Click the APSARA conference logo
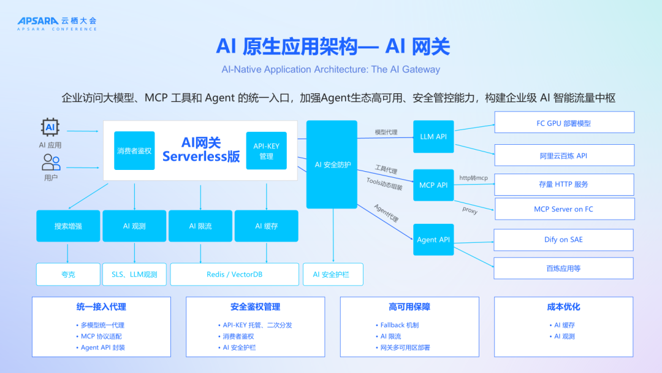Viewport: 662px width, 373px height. (56, 23)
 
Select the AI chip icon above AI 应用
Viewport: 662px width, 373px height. (50, 128)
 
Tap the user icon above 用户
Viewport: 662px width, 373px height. (51, 162)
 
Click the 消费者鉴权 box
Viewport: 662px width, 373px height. (134, 150)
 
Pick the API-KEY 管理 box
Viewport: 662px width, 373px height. (266, 151)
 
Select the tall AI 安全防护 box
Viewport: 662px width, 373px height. (332, 164)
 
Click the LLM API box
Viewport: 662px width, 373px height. (433, 136)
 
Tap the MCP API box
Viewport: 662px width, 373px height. (433, 185)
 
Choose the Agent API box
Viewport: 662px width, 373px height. (433, 239)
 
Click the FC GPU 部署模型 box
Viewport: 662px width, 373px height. (564, 123)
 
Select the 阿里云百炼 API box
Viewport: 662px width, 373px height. (564, 156)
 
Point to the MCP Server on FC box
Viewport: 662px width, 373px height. (564, 209)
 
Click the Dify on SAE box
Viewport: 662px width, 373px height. (564, 239)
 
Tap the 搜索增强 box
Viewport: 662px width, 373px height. (68, 226)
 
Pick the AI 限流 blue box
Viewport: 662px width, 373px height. (200, 226)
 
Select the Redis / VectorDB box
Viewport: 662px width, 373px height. (234, 274)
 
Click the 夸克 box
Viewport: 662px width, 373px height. (68, 274)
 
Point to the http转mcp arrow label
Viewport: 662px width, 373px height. (473, 178)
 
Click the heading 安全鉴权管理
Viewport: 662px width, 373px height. (256, 307)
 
